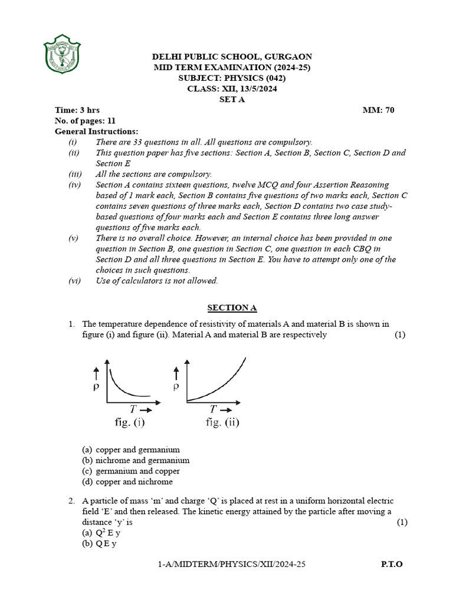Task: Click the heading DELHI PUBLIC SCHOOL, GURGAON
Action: point(232,57)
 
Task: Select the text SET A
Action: point(232,99)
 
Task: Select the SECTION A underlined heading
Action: point(232,308)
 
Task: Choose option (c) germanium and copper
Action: point(131,471)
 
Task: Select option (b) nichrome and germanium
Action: point(136,460)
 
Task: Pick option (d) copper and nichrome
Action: point(127,481)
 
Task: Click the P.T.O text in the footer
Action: point(392,564)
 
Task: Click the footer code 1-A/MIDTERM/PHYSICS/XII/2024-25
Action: point(232,564)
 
